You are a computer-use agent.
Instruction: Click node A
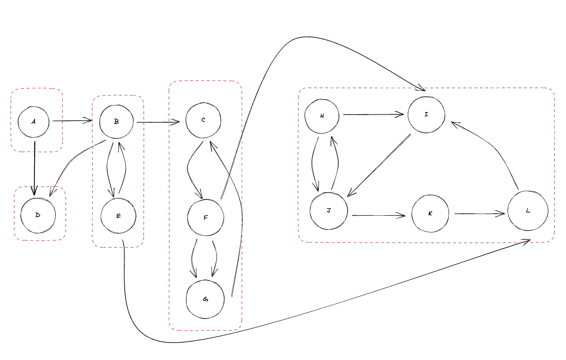[x=34, y=121]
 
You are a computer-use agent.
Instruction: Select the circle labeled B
[x=117, y=121]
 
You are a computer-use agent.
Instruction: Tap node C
[x=203, y=120]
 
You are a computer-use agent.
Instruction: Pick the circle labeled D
[x=38, y=215]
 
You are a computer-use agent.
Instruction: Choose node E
[x=119, y=216]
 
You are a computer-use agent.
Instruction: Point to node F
[x=206, y=218]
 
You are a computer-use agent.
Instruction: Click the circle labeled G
[x=205, y=299]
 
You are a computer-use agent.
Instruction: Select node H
[x=322, y=116]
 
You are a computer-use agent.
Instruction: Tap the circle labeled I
[x=426, y=115]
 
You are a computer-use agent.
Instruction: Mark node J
[x=329, y=211]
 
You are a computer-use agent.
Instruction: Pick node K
[x=430, y=214]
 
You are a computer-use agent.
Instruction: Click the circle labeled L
[x=528, y=211]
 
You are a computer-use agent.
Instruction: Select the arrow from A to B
[x=72, y=121]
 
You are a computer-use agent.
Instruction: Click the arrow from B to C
[x=158, y=121]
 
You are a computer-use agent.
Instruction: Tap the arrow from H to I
[x=373, y=115]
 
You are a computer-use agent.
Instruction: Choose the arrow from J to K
[x=378, y=215]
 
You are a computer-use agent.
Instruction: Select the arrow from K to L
[x=480, y=213]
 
